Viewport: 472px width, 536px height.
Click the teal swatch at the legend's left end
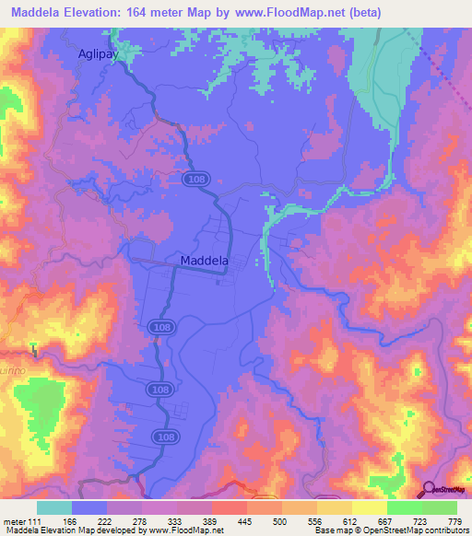(54, 507)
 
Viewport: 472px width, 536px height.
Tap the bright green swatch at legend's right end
(439, 507)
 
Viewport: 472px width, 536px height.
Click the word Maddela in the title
(43, 13)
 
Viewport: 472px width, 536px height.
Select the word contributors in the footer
(445, 530)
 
